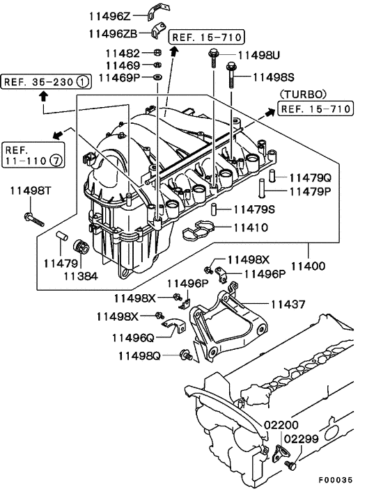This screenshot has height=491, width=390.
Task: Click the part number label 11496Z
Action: [x=110, y=15]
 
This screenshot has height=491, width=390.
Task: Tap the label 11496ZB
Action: [x=114, y=32]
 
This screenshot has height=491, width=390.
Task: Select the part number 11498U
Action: [x=260, y=54]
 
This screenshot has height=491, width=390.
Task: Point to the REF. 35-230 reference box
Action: [x=47, y=81]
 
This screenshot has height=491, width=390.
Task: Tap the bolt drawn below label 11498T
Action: [x=33, y=219]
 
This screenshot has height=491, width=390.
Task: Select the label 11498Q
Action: [x=139, y=356]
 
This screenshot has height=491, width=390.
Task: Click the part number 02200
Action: [x=281, y=425]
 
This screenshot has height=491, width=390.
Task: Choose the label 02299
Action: [x=300, y=439]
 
